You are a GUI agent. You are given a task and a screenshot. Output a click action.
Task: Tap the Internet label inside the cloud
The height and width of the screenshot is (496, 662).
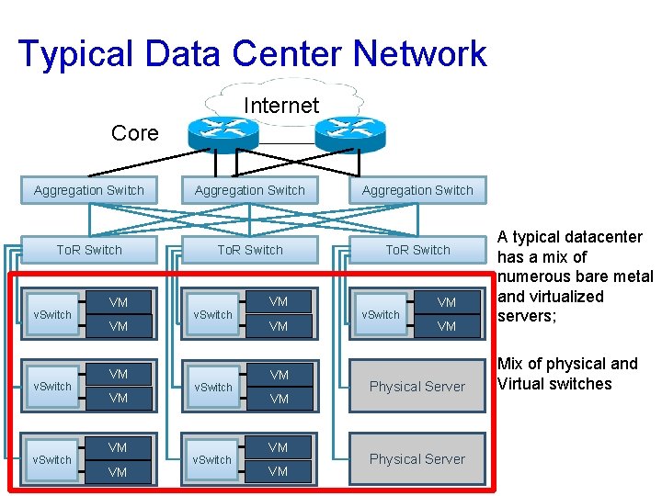click(x=280, y=106)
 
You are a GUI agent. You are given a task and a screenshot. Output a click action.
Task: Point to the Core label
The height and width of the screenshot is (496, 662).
click(x=134, y=133)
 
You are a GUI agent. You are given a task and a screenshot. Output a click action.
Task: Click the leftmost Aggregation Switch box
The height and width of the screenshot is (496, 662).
click(x=89, y=190)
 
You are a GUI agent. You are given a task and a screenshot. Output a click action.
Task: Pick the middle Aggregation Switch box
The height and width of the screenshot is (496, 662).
click(x=250, y=190)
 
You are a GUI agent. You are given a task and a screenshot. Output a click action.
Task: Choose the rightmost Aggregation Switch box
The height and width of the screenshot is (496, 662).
click(x=417, y=190)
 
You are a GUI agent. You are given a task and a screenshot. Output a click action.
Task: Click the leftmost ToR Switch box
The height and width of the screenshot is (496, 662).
click(x=89, y=250)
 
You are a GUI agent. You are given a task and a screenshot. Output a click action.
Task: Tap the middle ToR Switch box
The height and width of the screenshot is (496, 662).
click(x=250, y=250)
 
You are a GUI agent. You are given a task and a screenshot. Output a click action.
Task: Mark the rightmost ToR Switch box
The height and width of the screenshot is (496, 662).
click(x=417, y=250)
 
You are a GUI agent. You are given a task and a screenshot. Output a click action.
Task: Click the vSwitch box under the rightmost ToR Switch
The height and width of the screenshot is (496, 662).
click(x=381, y=314)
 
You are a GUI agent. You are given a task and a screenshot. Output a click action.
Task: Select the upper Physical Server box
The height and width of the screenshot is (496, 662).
click(x=417, y=386)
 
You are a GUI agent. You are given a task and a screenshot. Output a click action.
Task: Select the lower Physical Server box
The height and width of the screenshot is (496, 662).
click(x=417, y=458)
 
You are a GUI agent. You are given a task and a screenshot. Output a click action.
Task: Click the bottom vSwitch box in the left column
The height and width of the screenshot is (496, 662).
click(x=52, y=459)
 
